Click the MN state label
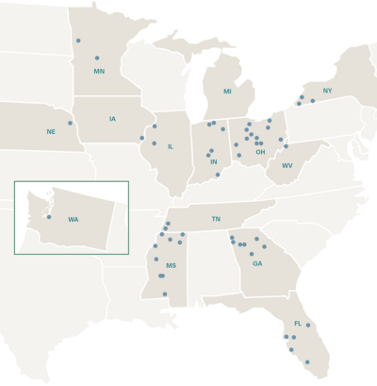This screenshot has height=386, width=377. [99, 71]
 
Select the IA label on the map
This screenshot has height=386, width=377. [112, 119]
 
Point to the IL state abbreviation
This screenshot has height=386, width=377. [170, 146]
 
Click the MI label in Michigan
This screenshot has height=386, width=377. [227, 92]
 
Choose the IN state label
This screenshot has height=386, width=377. [214, 161]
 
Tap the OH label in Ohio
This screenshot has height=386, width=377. [260, 151]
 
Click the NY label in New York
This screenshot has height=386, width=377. [327, 91]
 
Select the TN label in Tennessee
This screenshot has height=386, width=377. [216, 219]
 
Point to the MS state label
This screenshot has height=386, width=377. [171, 266]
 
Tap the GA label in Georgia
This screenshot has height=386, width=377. [256, 263]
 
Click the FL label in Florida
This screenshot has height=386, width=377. [297, 324]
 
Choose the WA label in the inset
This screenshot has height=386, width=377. [73, 220]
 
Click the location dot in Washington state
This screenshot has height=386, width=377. [49, 217]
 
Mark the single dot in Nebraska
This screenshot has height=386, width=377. [70, 123]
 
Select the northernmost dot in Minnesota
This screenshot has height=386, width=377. [78, 41]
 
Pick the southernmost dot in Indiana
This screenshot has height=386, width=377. [218, 175]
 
